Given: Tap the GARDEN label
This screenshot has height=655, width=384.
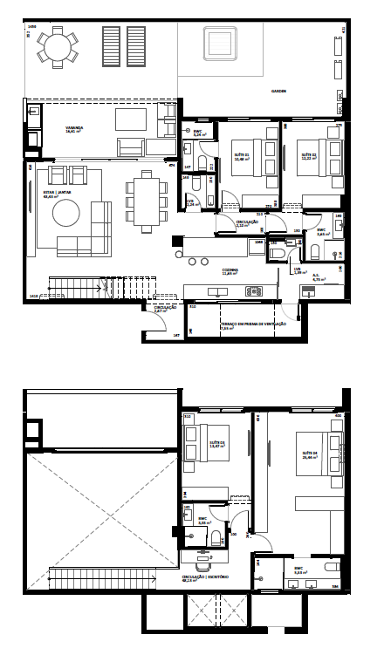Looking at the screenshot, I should click(x=278, y=91).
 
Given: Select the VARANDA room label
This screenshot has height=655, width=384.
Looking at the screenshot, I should click(x=74, y=128).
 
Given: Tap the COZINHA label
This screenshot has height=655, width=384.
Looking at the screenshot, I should click(x=230, y=270).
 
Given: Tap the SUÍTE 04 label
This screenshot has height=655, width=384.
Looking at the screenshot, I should click(x=310, y=454).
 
